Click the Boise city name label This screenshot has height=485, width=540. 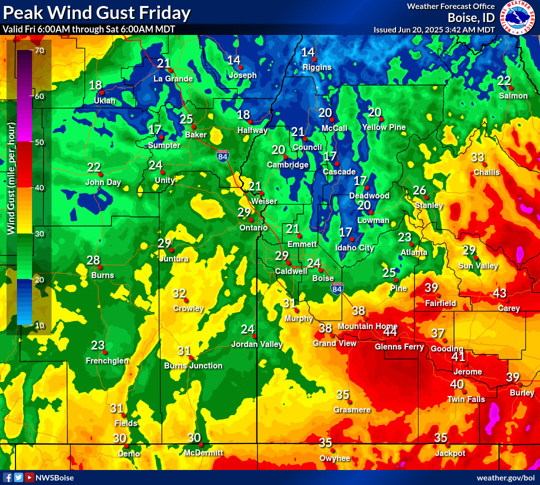coord(322,278)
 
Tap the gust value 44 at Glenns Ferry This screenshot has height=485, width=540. coord(390,331)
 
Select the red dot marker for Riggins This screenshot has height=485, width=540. coord(310,58)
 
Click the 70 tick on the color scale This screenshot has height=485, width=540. coord(39,50)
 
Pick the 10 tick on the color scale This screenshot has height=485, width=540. coord(39,325)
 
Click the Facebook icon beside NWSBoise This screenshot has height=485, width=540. coord(7,477)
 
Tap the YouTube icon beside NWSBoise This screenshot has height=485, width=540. coord(29,477)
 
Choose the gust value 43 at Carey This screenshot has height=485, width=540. coord(499,293)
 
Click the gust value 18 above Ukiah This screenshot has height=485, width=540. coord(95,85)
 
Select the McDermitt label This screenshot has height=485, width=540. coord(203,452)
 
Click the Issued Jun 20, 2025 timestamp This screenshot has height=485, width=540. coord(434,29)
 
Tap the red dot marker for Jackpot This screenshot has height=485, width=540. coord(447,444)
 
